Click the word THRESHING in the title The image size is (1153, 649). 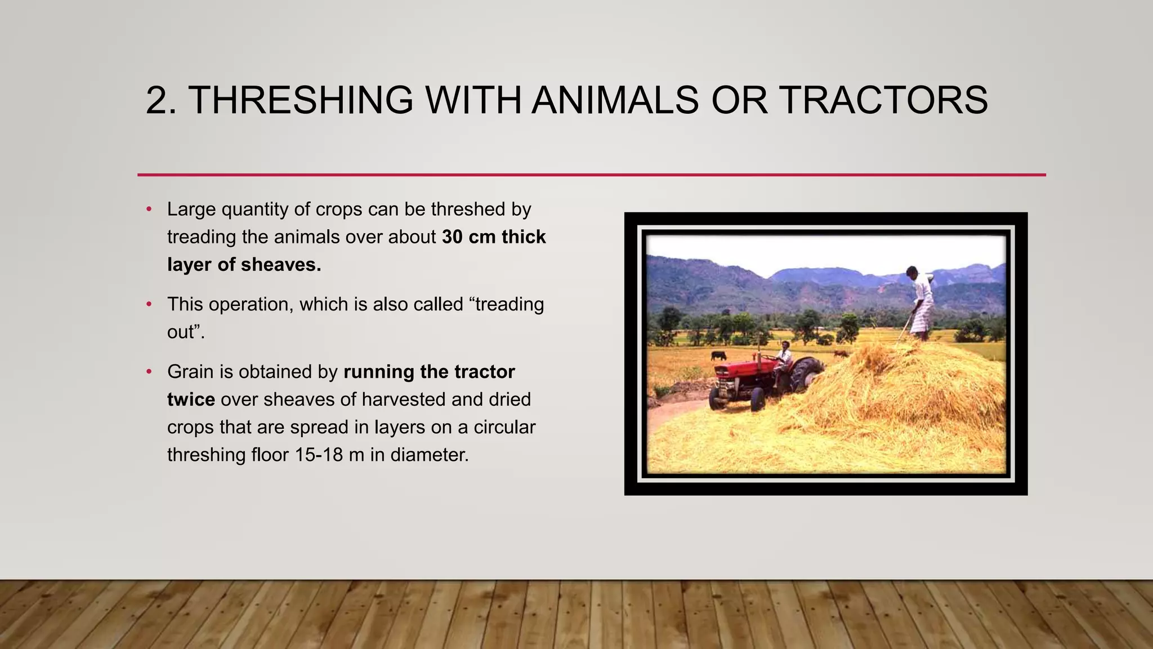pos(301,100)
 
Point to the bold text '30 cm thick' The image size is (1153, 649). pos(494,237)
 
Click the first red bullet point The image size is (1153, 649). pos(149,210)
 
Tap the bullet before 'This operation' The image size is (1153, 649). pos(149,305)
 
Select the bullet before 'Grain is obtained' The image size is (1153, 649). pos(149,372)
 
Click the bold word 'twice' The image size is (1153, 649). pos(191,399)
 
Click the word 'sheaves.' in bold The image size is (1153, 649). pos(281,265)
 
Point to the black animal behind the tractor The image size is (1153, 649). pos(718,355)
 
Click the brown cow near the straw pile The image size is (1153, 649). pos(841,354)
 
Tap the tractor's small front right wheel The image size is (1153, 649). pos(758,399)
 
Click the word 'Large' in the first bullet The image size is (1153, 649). pos(191,210)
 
